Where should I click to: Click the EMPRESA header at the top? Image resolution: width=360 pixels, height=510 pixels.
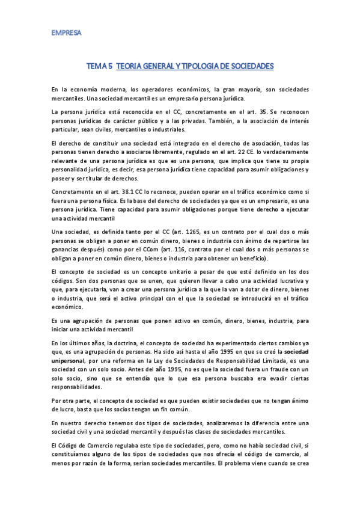(x=66, y=32)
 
